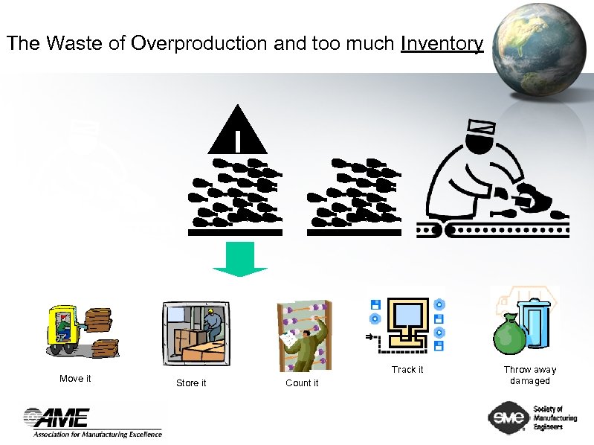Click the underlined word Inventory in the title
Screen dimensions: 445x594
tap(442, 44)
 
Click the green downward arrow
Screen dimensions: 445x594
tap(239, 258)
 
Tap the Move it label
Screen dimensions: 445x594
tap(75, 379)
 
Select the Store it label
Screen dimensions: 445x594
tap(191, 382)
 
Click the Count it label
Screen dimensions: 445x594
tap(302, 382)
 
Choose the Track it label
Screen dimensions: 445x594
tap(407, 370)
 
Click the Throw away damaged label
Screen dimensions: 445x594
tap(529, 375)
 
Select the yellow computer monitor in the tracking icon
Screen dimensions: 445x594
tap(406, 316)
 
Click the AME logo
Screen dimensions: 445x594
tap(57, 417)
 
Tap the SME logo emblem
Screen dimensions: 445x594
tap(509, 419)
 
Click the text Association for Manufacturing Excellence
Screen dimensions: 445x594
tap(97, 434)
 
